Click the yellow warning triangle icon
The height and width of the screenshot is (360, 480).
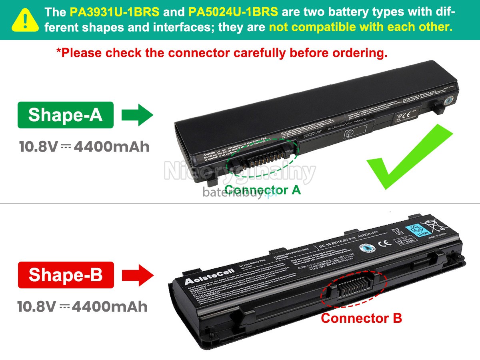click(x=25, y=20)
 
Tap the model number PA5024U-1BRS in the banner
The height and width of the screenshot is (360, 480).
click(x=233, y=12)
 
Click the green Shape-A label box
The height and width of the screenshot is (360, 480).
click(x=65, y=115)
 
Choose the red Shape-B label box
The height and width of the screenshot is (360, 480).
click(x=66, y=275)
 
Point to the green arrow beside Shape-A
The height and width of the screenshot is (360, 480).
click(x=137, y=115)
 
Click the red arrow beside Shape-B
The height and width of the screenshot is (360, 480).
click(x=138, y=275)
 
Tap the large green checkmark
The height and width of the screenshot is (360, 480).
click(x=408, y=158)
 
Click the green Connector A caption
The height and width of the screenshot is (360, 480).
click(x=262, y=190)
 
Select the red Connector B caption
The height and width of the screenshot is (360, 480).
click(x=361, y=318)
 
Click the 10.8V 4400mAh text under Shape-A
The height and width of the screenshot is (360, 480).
click(x=84, y=147)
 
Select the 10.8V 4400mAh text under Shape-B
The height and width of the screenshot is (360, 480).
click(x=82, y=307)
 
